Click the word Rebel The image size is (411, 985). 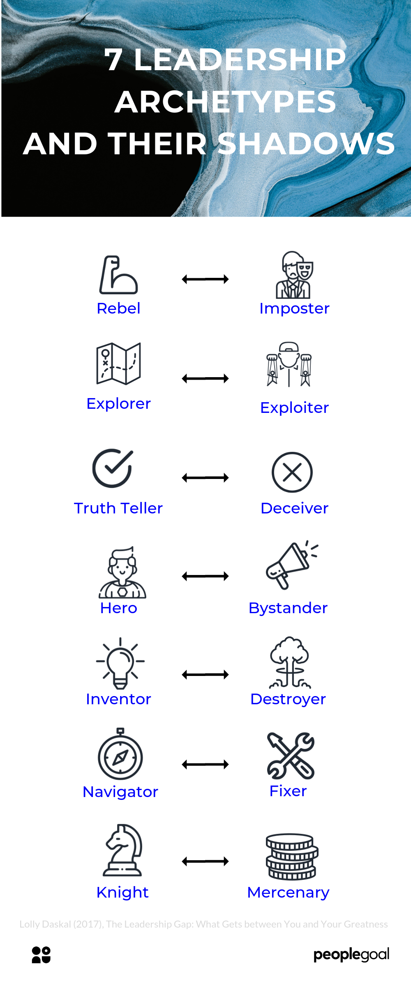118,309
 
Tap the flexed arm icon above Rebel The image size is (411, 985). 118,275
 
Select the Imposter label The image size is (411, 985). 294,309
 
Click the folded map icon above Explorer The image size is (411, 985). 118,364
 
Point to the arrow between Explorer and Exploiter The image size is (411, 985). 205,378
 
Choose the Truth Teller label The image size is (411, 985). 118,509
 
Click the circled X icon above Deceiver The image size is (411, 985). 292,472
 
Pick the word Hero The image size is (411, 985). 118,608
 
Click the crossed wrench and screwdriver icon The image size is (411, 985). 291,756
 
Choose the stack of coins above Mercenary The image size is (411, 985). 292,857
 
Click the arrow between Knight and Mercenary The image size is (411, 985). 205,861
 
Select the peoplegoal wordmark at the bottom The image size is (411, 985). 351,955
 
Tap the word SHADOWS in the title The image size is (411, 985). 306,144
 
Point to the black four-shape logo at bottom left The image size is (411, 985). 41,955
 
